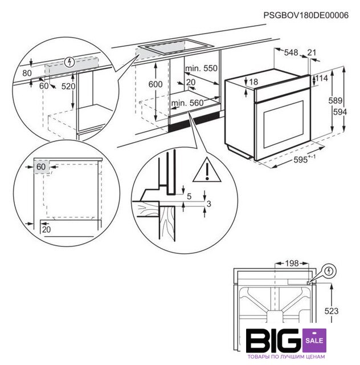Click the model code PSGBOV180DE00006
point(306,15)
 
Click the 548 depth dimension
point(291,52)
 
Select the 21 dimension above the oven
point(312,52)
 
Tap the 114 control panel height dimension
point(321,78)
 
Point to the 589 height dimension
point(336,100)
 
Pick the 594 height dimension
point(339,112)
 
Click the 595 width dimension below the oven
point(300,160)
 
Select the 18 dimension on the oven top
point(253,82)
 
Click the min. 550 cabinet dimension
point(201,68)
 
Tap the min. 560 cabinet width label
point(187,103)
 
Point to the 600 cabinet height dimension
point(156,84)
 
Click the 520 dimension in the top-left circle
point(68,86)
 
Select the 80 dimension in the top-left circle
point(27,73)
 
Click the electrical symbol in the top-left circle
point(69,62)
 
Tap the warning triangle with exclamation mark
point(207,170)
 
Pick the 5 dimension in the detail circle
point(189,196)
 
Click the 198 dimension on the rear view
point(292,263)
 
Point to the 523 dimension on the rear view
point(332,311)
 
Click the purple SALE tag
point(314,340)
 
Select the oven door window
point(284,124)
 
